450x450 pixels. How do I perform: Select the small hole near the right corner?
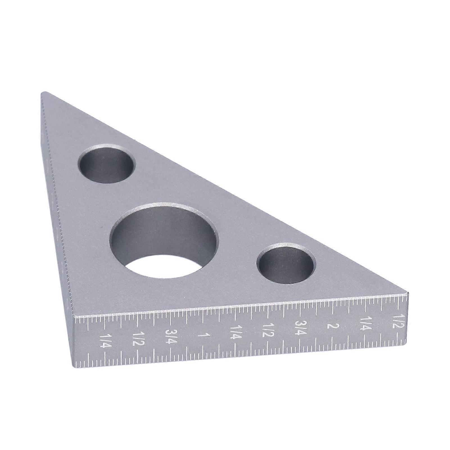(286, 263)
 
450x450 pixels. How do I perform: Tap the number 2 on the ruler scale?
(329, 326)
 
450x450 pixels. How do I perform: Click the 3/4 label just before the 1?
(171, 336)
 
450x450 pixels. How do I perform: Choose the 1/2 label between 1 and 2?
(268, 330)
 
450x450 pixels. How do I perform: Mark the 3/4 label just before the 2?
(299, 328)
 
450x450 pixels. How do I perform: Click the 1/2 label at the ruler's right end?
(398, 321)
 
